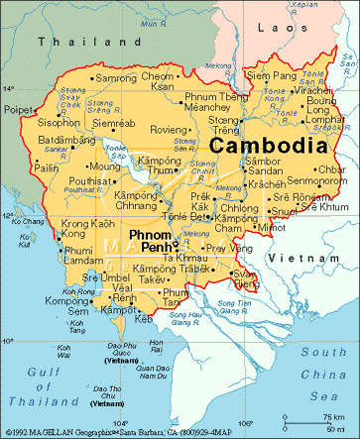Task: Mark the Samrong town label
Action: click(x=116, y=77)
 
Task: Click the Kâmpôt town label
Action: click(x=123, y=310)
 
